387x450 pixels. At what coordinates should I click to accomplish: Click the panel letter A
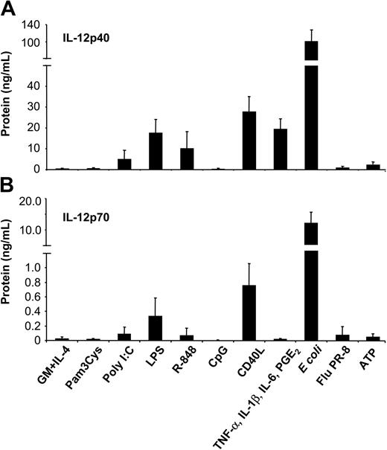[10, 9]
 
